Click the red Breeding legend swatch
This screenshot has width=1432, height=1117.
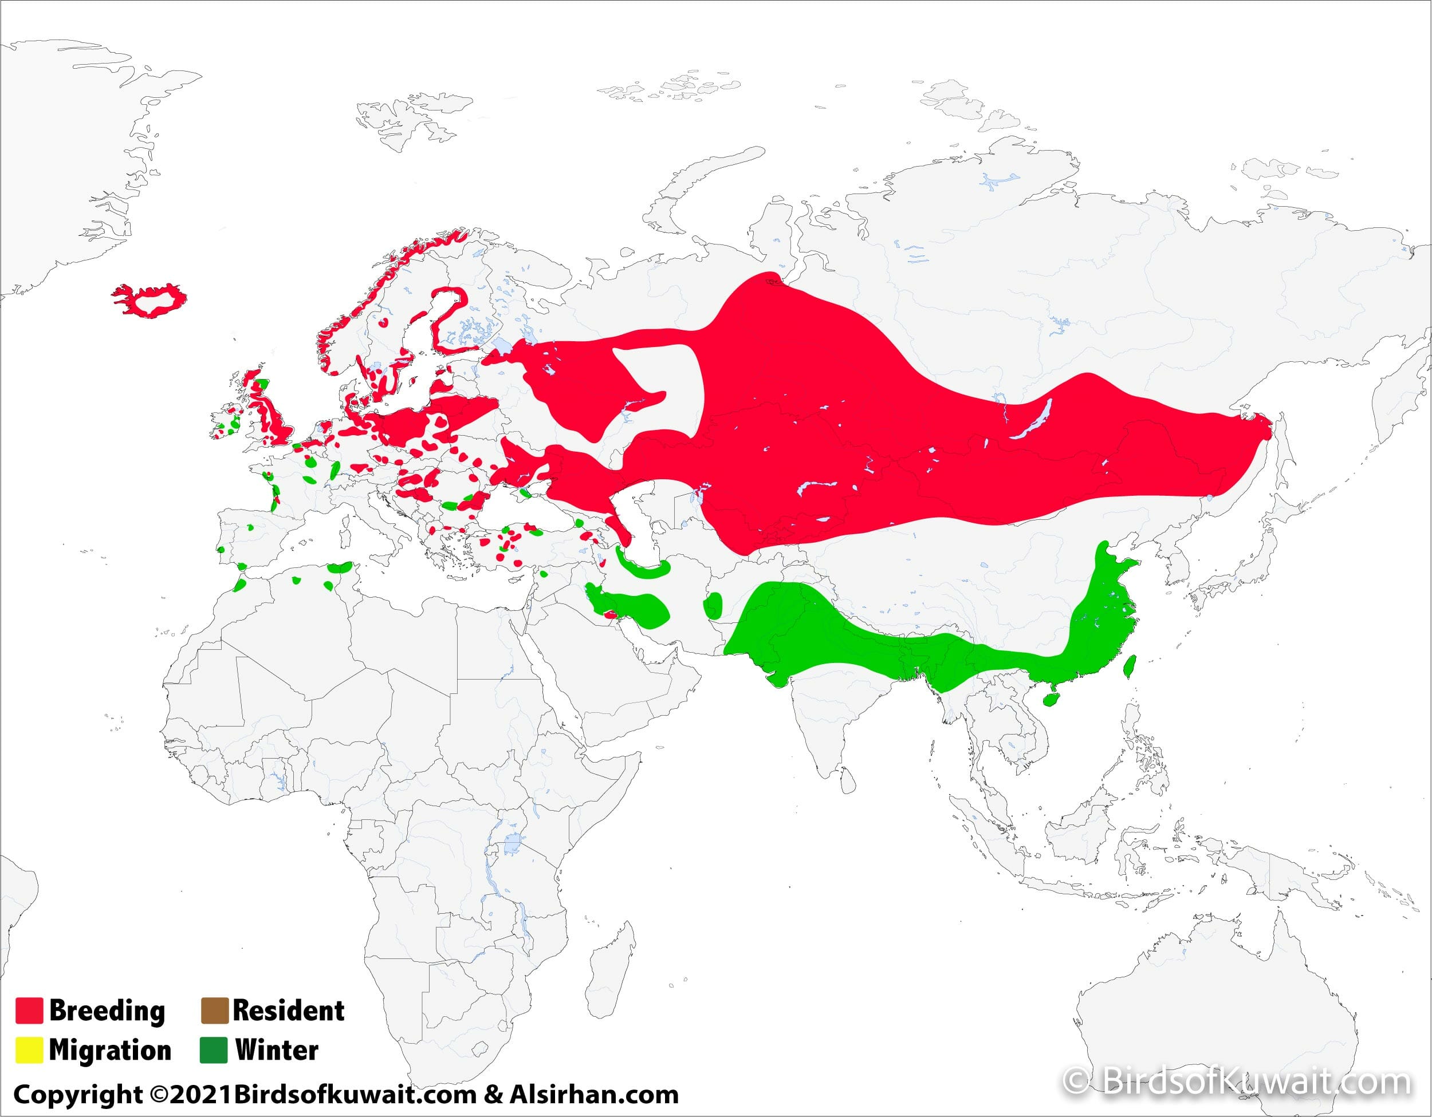click(29, 1010)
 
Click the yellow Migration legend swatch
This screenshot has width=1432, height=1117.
click(29, 1049)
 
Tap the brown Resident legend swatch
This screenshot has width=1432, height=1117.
click(214, 1010)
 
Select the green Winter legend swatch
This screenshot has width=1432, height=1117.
click(214, 1049)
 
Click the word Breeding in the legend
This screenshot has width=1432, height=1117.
click(107, 1010)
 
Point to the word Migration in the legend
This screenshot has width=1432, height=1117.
click(110, 1050)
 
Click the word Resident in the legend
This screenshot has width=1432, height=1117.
click(289, 1010)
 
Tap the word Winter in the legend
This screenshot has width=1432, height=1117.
click(277, 1050)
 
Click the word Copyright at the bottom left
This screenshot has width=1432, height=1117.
click(77, 1095)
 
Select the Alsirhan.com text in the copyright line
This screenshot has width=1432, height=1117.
click(594, 1094)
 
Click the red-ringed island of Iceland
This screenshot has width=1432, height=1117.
click(155, 302)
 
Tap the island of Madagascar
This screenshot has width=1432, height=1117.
click(613, 964)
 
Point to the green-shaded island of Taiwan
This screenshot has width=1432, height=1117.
click(1130, 665)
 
